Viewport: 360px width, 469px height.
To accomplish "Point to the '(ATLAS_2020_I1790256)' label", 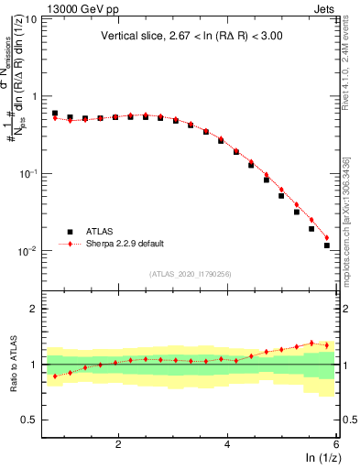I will click(191, 274).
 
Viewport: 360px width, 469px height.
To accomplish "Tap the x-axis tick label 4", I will click(227, 443).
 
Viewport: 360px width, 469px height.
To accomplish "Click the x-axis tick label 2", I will click(118, 443).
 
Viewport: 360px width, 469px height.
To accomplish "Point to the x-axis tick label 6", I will click(335, 443).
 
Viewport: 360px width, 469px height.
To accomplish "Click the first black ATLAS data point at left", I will click(55, 114).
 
